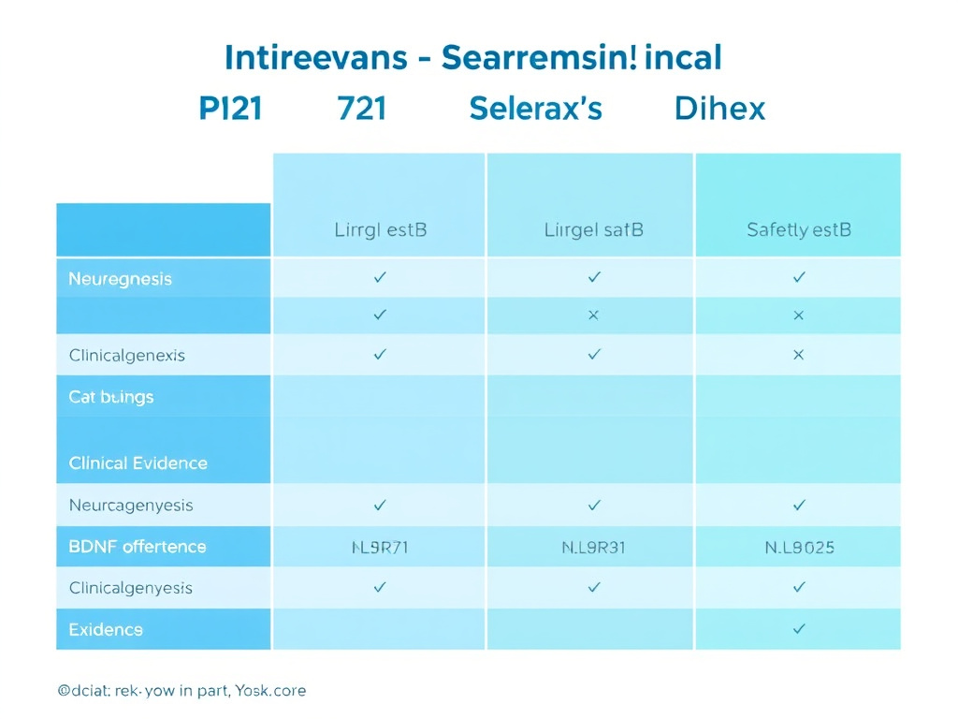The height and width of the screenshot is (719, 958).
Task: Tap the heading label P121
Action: pyautogui.click(x=231, y=109)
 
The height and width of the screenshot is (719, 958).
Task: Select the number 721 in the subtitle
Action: pyautogui.click(x=361, y=109)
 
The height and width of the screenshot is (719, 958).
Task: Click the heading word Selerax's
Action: pyautogui.click(x=535, y=109)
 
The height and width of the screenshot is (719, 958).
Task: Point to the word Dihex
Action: pyautogui.click(x=719, y=109)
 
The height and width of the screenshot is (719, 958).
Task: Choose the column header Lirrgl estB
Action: pyautogui.click(x=380, y=229)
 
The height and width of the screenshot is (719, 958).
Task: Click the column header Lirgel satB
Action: pyautogui.click(x=593, y=229)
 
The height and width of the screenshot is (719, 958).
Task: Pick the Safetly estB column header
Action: pyautogui.click(x=798, y=229)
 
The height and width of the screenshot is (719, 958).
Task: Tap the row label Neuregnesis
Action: pyautogui.click(x=120, y=279)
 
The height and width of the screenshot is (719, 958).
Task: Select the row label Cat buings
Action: pyautogui.click(x=110, y=397)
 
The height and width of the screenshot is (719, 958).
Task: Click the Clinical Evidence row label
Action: pyautogui.click(x=138, y=463)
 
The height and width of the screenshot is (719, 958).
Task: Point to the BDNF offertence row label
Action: pyautogui.click(x=137, y=547)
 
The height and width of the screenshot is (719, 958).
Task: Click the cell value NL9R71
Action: pyautogui.click(x=380, y=548)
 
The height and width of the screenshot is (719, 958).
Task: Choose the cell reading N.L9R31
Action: pyautogui.click(x=593, y=548)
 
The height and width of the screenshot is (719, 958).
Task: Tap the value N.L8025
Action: pyautogui.click(x=798, y=548)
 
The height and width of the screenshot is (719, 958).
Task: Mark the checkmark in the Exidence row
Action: pyautogui.click(x=798, y=629)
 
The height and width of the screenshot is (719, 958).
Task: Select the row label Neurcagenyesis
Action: pyautogui.click(x=130, y=506)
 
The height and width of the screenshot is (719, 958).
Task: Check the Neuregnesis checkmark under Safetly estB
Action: pyautogui.click(x=798, y=277)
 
